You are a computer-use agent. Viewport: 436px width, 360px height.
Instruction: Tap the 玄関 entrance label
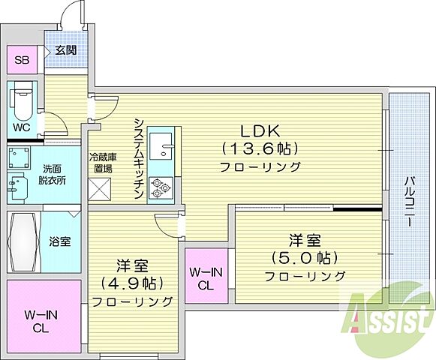(65, 49)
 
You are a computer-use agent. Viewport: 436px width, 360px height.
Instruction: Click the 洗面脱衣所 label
(53, 175)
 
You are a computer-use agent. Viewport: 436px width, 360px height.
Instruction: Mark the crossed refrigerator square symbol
(101, 189)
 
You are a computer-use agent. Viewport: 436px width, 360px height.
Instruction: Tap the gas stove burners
(160, 187)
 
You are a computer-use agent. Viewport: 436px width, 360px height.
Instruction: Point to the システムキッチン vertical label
(139, 159)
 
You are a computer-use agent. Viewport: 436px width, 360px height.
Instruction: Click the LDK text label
(259, 129)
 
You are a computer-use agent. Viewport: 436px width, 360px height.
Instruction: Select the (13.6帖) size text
(260, 148)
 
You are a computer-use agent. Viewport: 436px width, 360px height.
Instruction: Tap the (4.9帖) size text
(131, 284)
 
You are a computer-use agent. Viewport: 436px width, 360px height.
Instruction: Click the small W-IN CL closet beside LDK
(205, 278)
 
